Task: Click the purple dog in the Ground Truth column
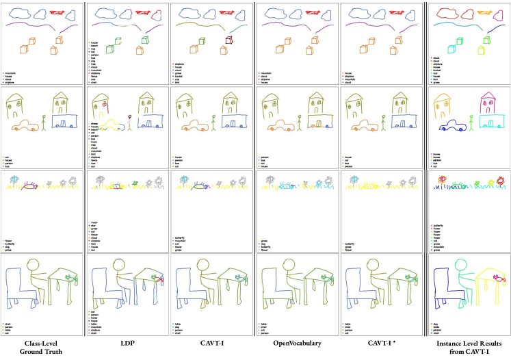(x=29, y=185)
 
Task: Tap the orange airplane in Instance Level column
(x=486, y=12)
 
